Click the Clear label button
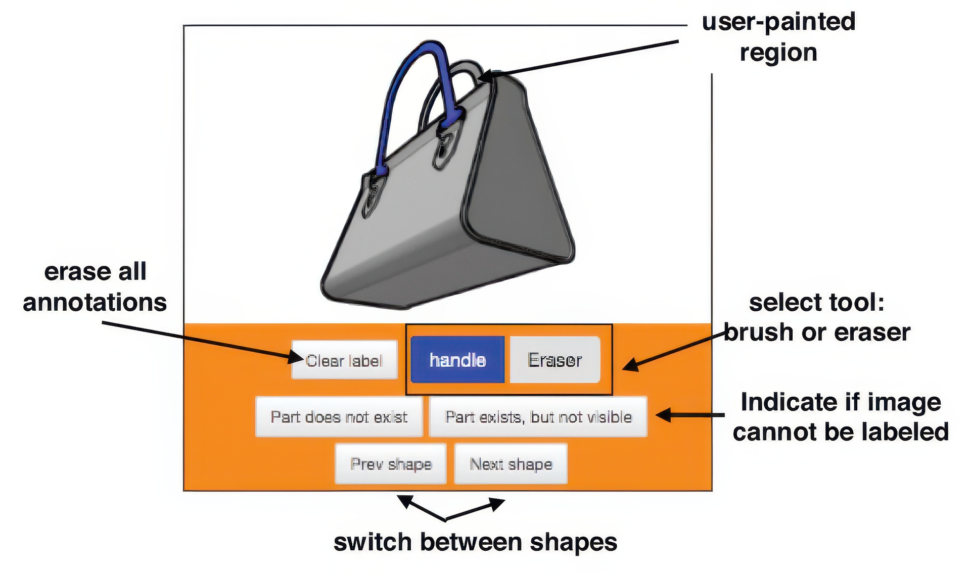pos(344,360)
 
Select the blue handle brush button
pos(457,360)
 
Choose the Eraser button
pos(555,360)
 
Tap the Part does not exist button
pos(339,417)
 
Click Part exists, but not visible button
pos(538,417)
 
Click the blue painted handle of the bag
pos(399,86)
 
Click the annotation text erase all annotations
pos(95,287)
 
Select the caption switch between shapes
pos(475,542)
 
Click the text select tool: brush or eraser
pos(817,317)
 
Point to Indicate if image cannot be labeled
pos(841,417)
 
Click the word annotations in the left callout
pos(95,303)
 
